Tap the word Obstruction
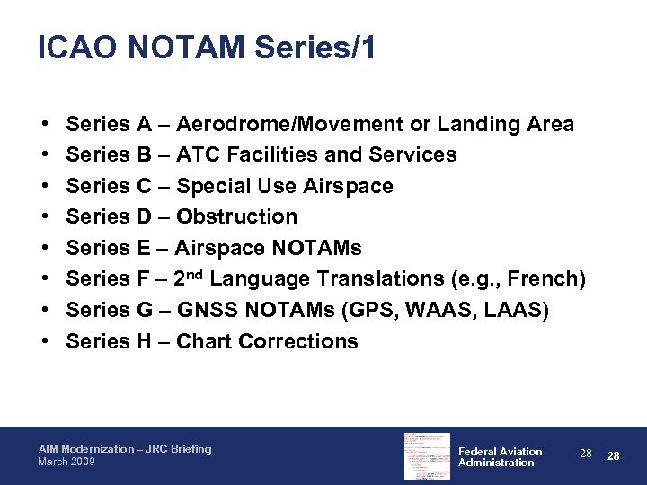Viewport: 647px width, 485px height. click(236, 217)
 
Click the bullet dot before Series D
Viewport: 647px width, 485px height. click(44, 217)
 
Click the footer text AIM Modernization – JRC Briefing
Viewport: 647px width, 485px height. click(125, 449)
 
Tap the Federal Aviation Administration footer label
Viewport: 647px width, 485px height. click(500, 457)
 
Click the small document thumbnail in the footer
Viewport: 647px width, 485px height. click(428, 456)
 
